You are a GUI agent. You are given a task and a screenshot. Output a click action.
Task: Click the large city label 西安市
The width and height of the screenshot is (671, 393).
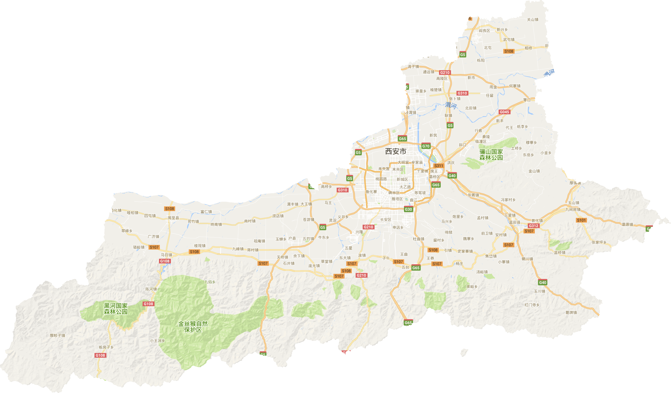pyautogui.click(x=395, y=151)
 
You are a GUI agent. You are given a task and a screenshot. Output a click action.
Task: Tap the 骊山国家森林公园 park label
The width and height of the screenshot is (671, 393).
pyautogui.click(x=491, y=155)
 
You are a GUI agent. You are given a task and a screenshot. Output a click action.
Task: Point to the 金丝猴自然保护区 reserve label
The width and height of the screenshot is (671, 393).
pyautogui.click(x=193, y=327)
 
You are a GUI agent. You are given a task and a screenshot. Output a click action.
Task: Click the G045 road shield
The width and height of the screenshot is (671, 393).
pyautogui.click(x=504, y=112)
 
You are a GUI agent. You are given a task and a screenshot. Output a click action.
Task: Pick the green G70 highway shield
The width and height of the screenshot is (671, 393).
pyautogui.click(x=426, y=146)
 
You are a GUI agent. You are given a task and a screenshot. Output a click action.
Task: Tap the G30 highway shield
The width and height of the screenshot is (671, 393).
pyautogui.click(x=408, y=209)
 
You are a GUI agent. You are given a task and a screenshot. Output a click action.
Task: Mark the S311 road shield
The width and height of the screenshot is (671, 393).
pyautogui.click(x=439, y=166)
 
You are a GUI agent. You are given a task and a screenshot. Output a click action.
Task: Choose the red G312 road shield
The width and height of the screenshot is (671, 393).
pyautogui.click(x=533, y=226)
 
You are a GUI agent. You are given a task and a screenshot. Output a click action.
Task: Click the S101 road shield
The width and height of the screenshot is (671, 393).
pyautogui.click(x=581, y=220)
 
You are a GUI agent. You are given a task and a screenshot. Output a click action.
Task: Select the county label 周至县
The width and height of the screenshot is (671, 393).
pyautogui.click(x=173, y=218)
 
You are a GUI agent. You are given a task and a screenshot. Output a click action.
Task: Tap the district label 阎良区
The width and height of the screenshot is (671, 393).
pyautogui.click(x=484, y=31)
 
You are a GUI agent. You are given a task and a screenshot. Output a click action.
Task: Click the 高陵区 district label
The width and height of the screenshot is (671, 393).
pyautogui.click(x=442, y=79)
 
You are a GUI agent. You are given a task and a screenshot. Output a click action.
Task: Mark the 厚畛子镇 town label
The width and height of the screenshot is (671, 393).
pyautogui.click(x=57, y=336)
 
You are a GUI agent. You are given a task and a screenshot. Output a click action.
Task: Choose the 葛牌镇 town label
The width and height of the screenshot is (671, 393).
pyautogui.click(x=571, y=313)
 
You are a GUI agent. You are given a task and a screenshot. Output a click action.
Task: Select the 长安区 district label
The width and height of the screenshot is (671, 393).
pyautogui.click(x=386, y=220)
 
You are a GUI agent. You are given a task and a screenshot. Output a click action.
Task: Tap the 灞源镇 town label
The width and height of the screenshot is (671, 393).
pyautogui.click(x=627, y=224)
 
